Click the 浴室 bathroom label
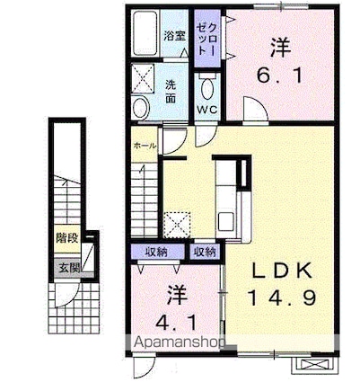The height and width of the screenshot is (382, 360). (x=174, y=37)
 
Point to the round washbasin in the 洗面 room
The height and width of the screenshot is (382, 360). (x=142, y=108)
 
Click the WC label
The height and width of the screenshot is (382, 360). (x=207, y=111)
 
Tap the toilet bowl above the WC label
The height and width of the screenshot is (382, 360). (x=207, y=86)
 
